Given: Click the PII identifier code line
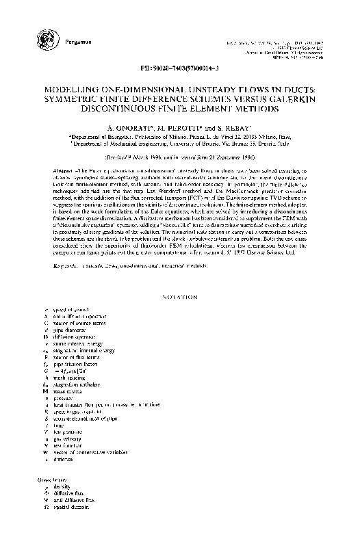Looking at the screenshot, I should (x=180, y=70).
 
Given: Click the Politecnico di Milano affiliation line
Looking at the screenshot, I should (x=179, y=136).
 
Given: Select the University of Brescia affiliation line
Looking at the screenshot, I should (x=179, y=144).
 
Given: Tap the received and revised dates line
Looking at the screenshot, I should (x=180, y=157).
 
